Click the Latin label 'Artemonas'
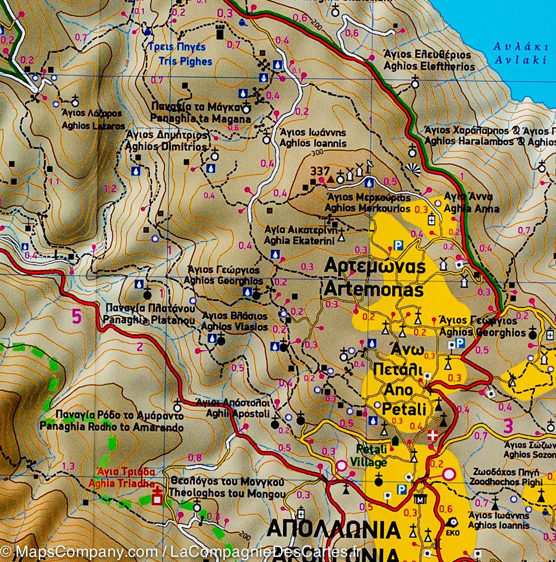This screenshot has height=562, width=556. (373, 290)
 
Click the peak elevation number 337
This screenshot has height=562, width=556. (320, 171)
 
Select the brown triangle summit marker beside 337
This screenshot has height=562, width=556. (331, 179)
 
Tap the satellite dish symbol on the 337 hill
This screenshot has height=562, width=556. (370, 165)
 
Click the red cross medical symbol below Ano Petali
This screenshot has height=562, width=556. (433, 435)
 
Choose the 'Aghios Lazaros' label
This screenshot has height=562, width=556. (94, 126)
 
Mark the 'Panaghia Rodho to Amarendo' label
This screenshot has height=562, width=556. (111, 428)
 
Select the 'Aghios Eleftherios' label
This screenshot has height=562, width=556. (429, 67)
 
